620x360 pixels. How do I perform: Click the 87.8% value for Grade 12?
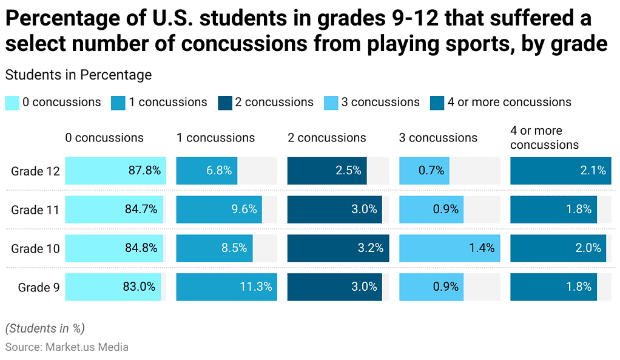(x=144, y=171)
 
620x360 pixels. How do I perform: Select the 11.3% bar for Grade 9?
(x=226, y=287)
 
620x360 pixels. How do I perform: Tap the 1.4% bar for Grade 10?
(x=449, y=248)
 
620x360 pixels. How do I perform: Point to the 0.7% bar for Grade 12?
(x=424, y=171)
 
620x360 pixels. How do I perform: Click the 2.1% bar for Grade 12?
(x=561, y=171)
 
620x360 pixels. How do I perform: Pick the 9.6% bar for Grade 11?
(x=219, y=209)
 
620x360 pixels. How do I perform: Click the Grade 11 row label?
(x=35, y=210)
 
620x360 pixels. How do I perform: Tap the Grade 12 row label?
(x=35, y=171)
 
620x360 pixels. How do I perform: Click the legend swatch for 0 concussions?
(x=12, y=103)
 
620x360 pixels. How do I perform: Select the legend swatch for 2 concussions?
(x=225, y=103)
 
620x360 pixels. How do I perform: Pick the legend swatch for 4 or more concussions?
(x=437, y=103)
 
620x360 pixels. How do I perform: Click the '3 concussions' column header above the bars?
(x=438, y=138)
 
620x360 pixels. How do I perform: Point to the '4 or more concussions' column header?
(x=544, y=138)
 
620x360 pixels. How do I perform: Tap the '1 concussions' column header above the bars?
(x=215, y=138)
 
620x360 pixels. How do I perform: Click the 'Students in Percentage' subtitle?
(x=78, y=75)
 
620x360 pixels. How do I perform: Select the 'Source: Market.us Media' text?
(x=67, y=347)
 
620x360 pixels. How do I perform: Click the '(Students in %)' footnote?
(x=45, y=328)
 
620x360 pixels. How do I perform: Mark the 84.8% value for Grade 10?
(x=141, y=248)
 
